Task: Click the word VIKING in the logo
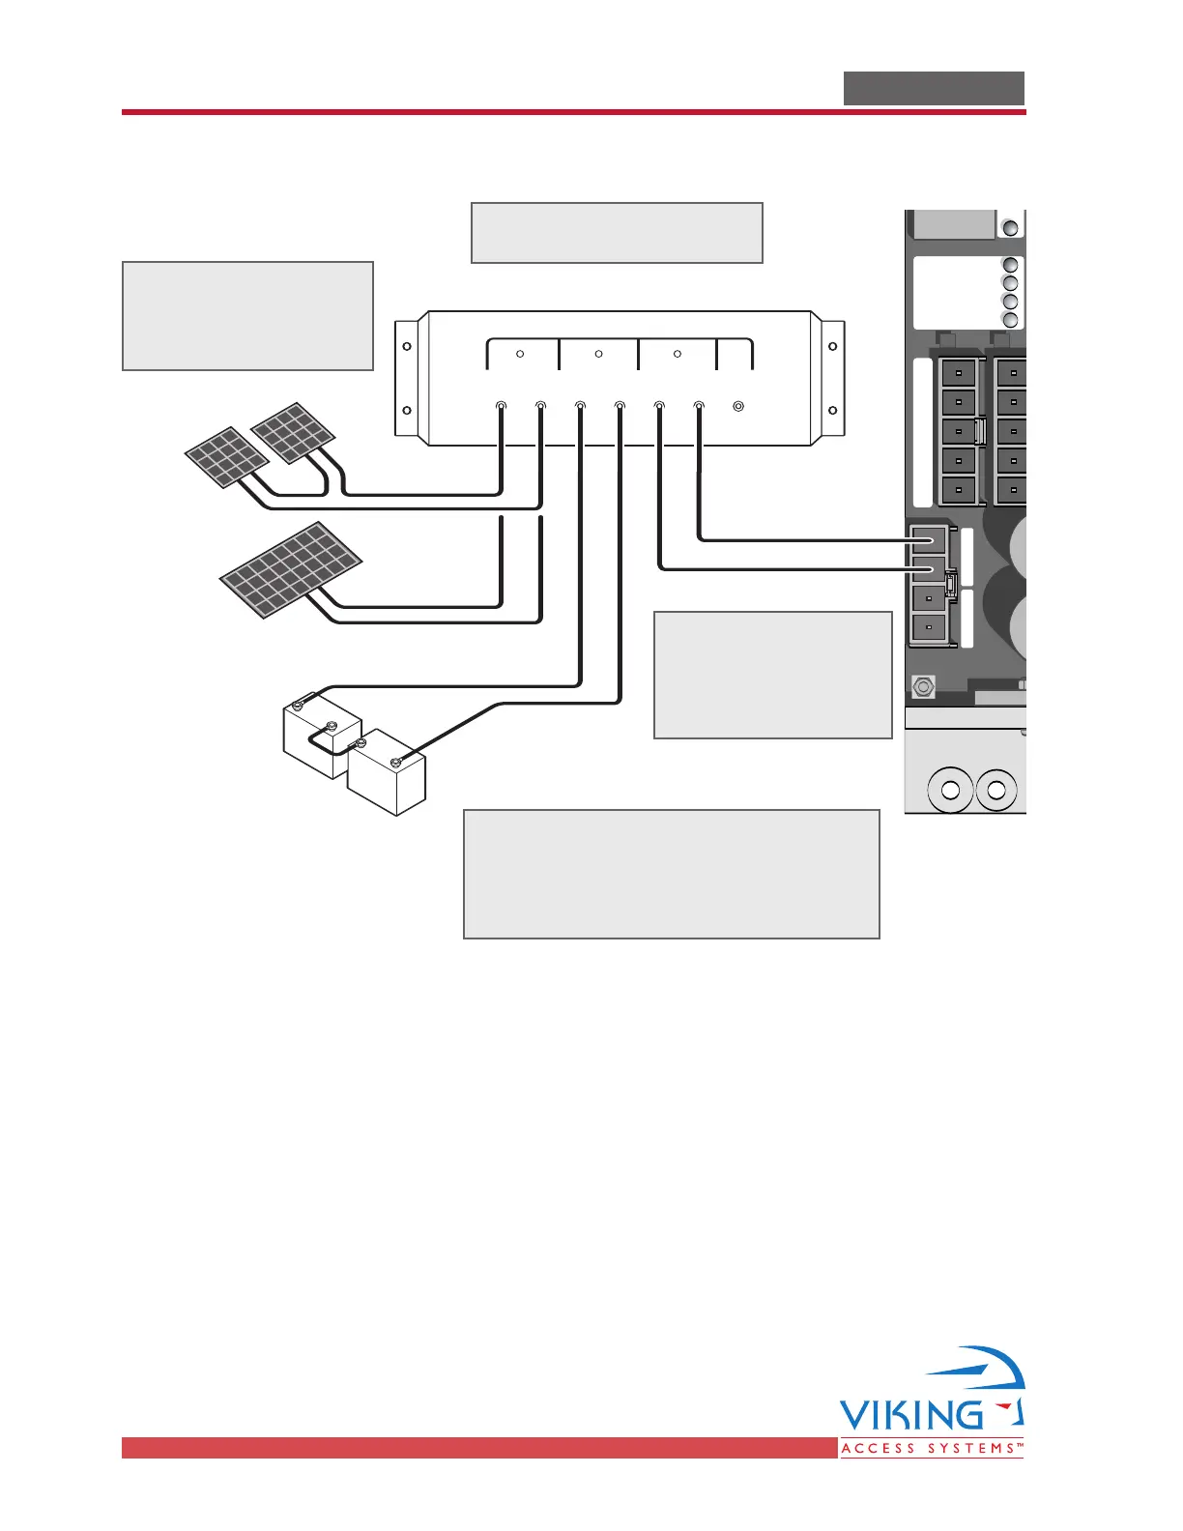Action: coord(910,1415)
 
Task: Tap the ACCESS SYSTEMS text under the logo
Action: coord(931,1449)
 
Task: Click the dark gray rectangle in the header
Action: coord(934,88)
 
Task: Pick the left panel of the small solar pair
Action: coord(226,457)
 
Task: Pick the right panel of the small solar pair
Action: coord(293,432)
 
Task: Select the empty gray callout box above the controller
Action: coord(617,233)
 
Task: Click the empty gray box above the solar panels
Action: coord(247,315)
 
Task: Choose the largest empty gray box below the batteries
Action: coord(672,874)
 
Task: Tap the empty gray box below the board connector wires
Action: coord(772,675)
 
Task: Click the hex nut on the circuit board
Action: coord(924,687)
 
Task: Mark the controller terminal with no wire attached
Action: coord(738,407)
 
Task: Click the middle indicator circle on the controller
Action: coord(599,354)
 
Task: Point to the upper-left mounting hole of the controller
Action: coord(407,346)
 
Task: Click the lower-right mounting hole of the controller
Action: coord(831,410)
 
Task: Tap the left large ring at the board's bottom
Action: coord(950,791)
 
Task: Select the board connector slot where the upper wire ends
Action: coord(928,539)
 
